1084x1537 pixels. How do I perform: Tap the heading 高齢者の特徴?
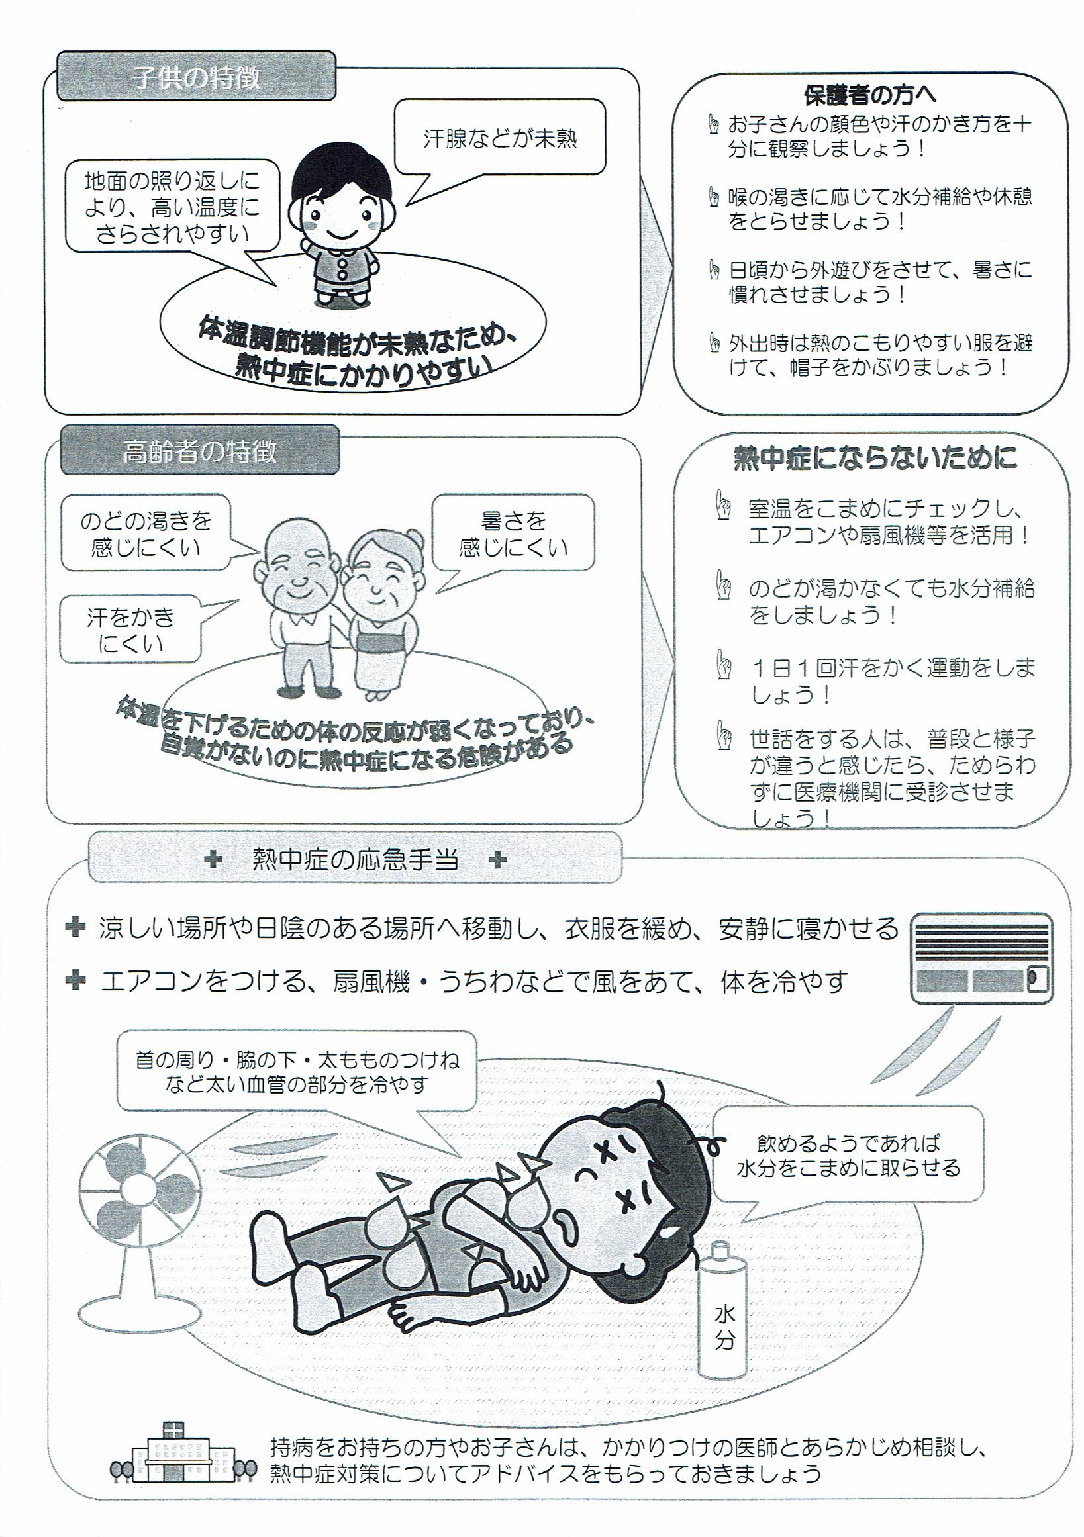199,452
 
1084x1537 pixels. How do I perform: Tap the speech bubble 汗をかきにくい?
130,629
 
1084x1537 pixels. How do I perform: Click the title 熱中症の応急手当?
355,860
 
